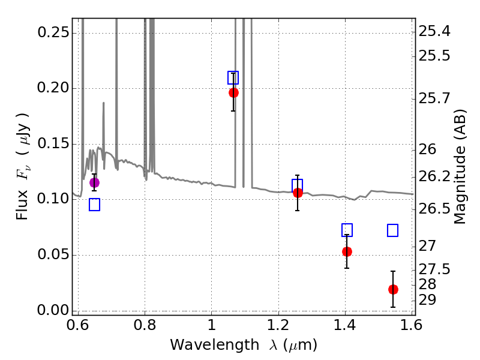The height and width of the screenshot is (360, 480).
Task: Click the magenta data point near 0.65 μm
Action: (x=94, y=182)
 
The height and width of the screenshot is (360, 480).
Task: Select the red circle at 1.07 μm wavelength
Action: (x=233, y=92)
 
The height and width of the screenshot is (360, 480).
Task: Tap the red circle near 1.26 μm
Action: (x=298, y=193)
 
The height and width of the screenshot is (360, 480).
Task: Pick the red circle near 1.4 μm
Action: (x=347, y=251)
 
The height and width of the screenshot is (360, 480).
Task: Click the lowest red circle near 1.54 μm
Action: (x=393, y=289)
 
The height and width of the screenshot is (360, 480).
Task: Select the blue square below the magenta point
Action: (x=94, y=205)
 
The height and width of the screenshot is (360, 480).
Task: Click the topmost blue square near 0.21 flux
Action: (x=233, y=77)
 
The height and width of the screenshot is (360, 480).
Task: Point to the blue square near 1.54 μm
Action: (x=393, y=230)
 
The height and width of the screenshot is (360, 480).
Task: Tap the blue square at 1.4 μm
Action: (x=347, y=230)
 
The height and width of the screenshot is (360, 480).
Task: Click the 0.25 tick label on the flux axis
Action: (x=53, y=32)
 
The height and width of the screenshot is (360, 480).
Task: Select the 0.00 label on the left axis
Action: (x=53, y=310)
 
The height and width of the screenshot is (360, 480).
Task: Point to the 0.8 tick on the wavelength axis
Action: (x=145, y=326)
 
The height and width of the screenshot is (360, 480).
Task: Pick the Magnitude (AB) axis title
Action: (x=460, y=167)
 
